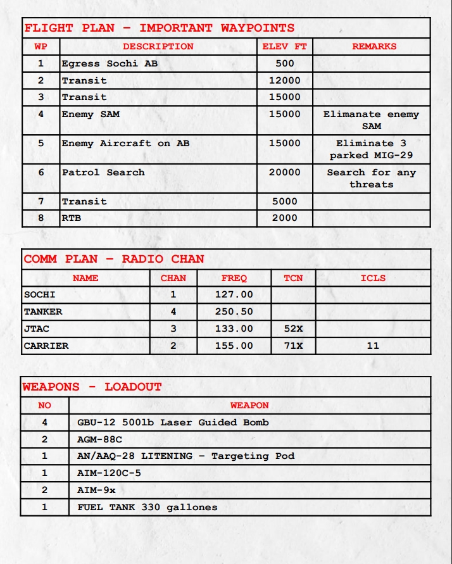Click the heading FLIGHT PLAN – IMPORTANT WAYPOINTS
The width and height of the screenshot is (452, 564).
[x=159, y=28]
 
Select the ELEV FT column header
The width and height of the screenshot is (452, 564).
[x=284, y=46]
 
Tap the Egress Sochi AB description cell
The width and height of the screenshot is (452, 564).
[x=110, y=63]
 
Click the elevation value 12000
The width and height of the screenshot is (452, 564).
[x=284, y=80]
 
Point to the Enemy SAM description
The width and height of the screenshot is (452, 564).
[x=91, y=115]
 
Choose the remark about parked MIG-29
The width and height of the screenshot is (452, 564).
[x=371, y=149]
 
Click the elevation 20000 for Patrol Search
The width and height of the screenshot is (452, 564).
[x=284, y=172]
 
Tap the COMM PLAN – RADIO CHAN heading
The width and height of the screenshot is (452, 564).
[x=114, y=259]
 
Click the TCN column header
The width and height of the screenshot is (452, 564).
[x=293, y=278]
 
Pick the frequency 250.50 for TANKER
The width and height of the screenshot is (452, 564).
[x=234, y=311]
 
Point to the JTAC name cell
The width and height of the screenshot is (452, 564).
[x=37, y=329]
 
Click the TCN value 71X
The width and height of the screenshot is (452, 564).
[x=293, y=346]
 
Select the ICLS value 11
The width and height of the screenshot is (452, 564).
[x=373, y=346]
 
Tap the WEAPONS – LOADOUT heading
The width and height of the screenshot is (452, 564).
[x=92, y=387]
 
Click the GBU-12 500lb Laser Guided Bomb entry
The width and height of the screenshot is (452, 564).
[x=173, y=422]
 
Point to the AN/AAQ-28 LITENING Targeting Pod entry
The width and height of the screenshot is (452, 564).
[x=185, y=456]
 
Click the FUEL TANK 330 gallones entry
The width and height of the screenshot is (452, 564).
[x=147, y=507]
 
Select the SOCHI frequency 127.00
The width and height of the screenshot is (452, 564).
[x=234, y=294]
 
